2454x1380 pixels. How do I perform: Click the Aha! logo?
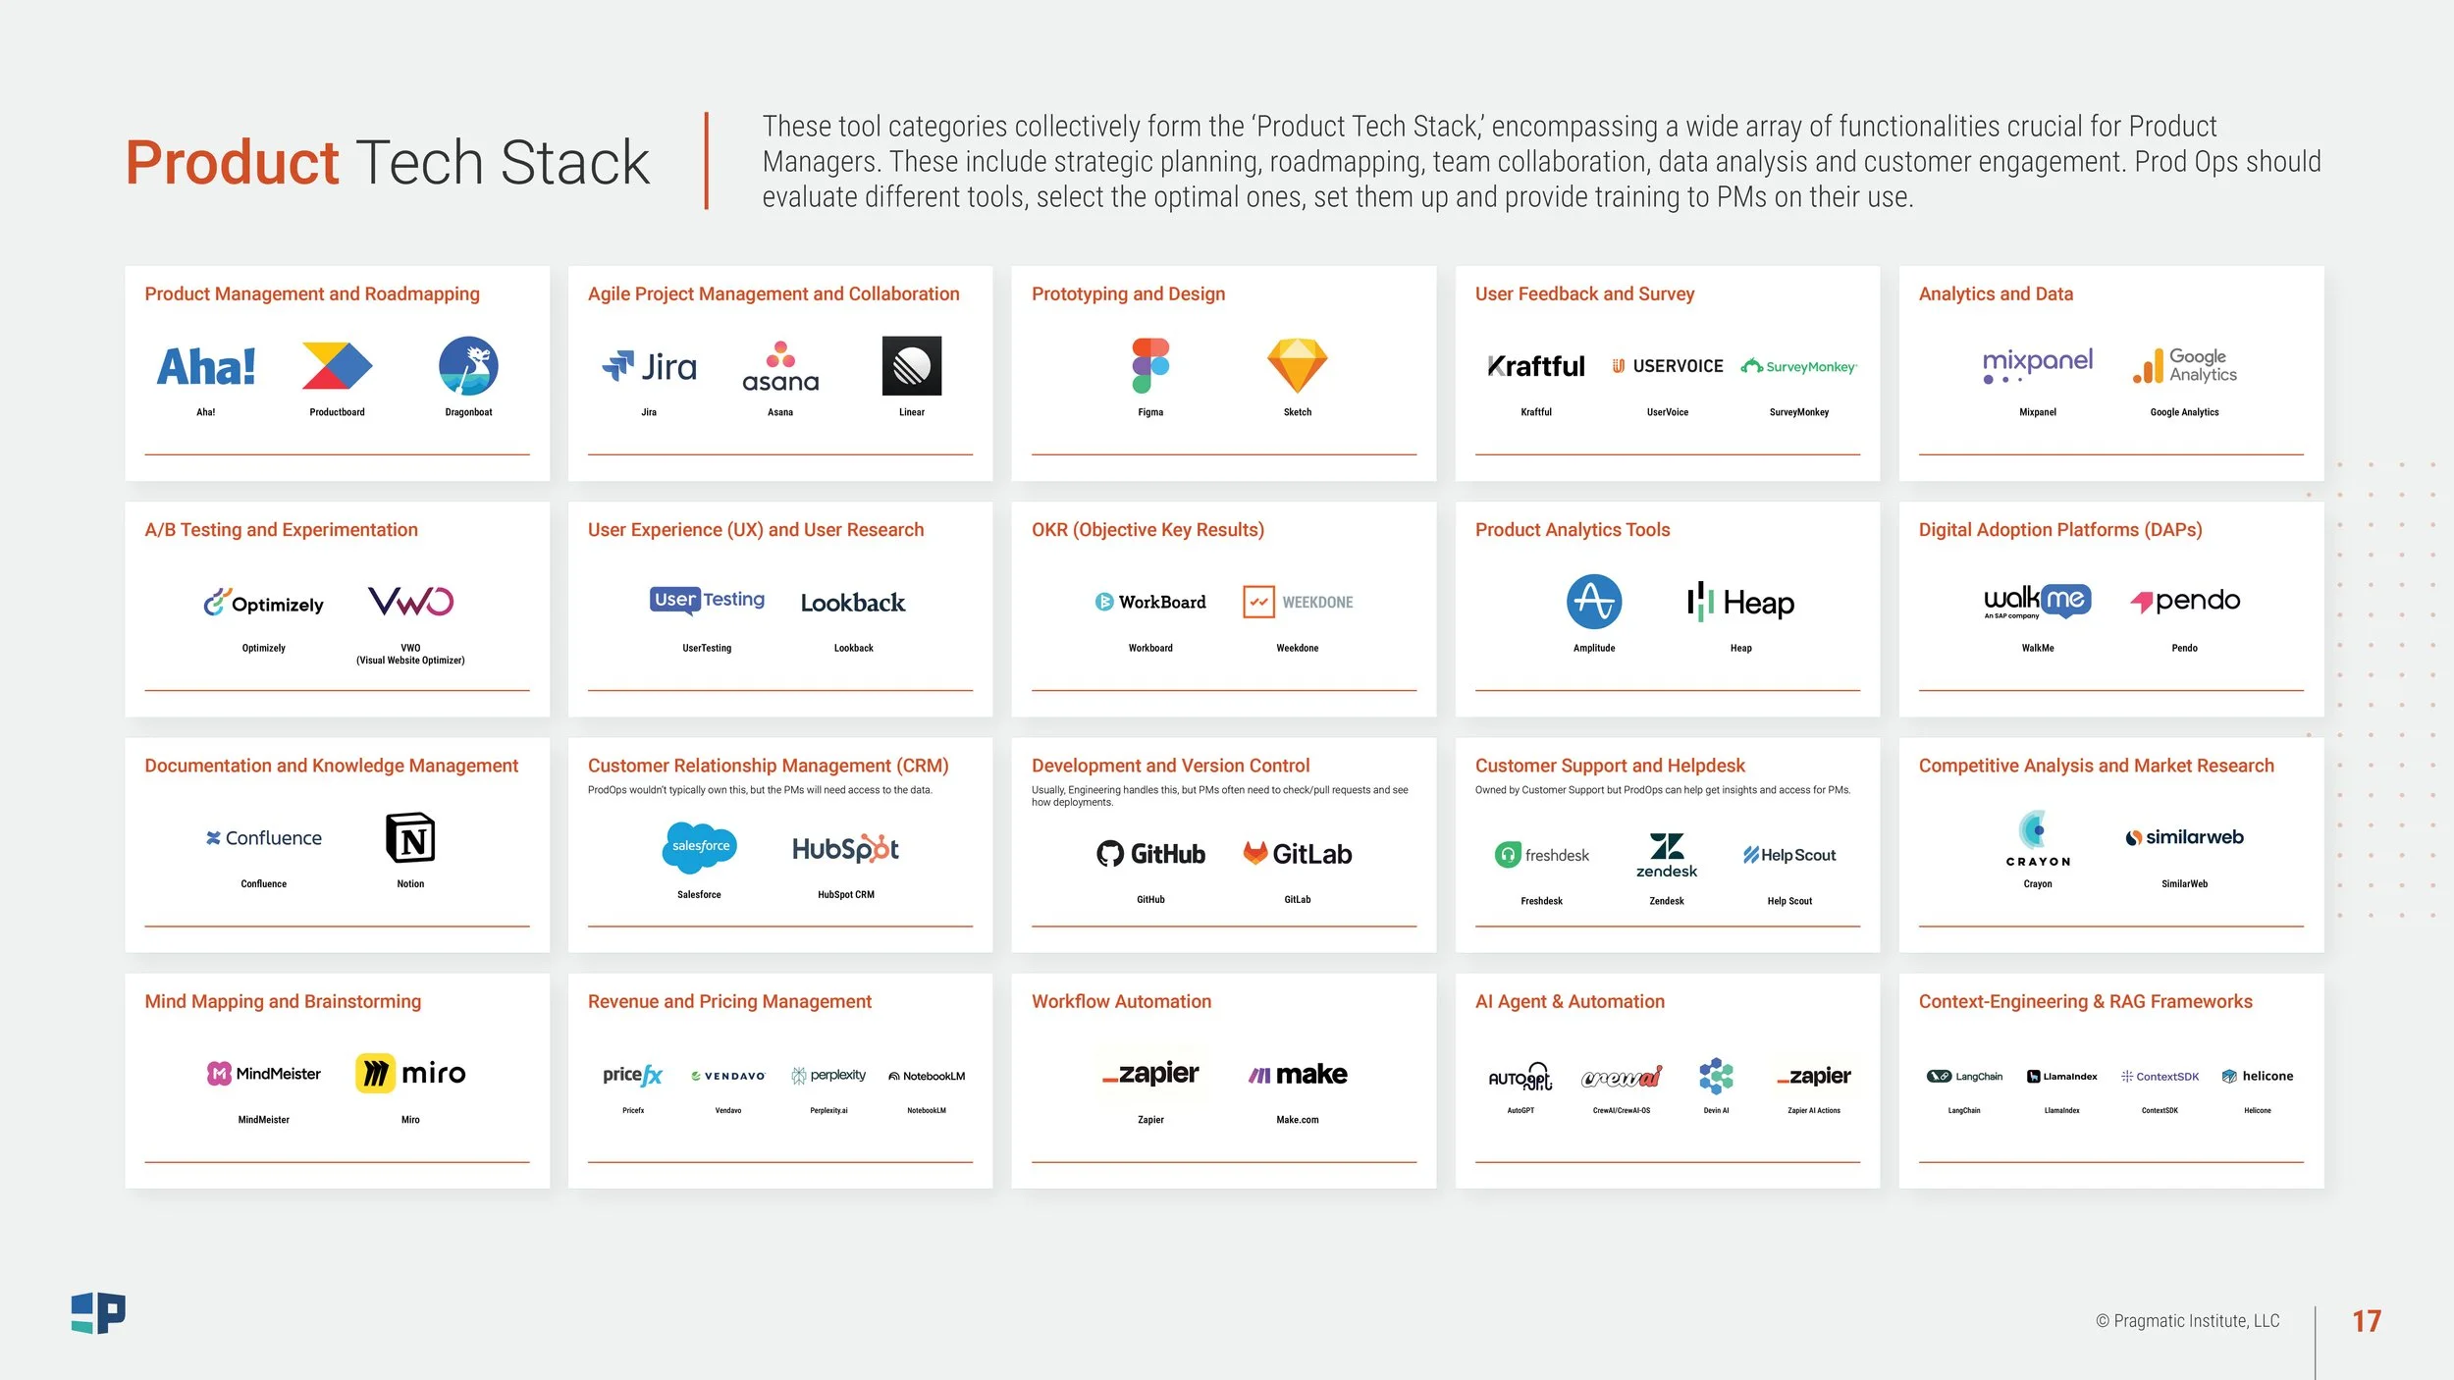coord(206,367)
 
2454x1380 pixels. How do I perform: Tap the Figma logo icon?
coord(1150,366)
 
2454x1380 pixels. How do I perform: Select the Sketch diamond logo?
coord(1298,366)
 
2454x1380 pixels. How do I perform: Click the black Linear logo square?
coord(912,366)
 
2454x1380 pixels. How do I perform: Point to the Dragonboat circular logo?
coord(468,366)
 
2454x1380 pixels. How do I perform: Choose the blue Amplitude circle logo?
coord(1594,602)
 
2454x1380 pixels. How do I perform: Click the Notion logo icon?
coord(410,838)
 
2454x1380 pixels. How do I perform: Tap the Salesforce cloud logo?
coord(699,847)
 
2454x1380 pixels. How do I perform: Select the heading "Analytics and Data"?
coord(1996,293)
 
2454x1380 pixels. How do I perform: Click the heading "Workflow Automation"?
coord(1121,1001)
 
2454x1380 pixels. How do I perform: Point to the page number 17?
coord(2367,1321)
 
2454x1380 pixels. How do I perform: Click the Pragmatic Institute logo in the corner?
coord(98,1313)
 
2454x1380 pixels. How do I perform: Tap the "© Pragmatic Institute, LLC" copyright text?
coord(2188,1321)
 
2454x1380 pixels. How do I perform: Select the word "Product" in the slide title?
coord(232,162)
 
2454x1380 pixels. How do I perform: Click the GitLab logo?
coord(1298,854)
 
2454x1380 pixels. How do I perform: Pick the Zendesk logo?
coord(1667,855)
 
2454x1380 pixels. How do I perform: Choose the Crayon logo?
coord(2038,838)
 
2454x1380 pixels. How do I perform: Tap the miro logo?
coord(410,1074)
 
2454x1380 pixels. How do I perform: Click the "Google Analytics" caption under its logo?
coord(2184,412)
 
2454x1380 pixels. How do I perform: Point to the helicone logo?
coord(2258,1076)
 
